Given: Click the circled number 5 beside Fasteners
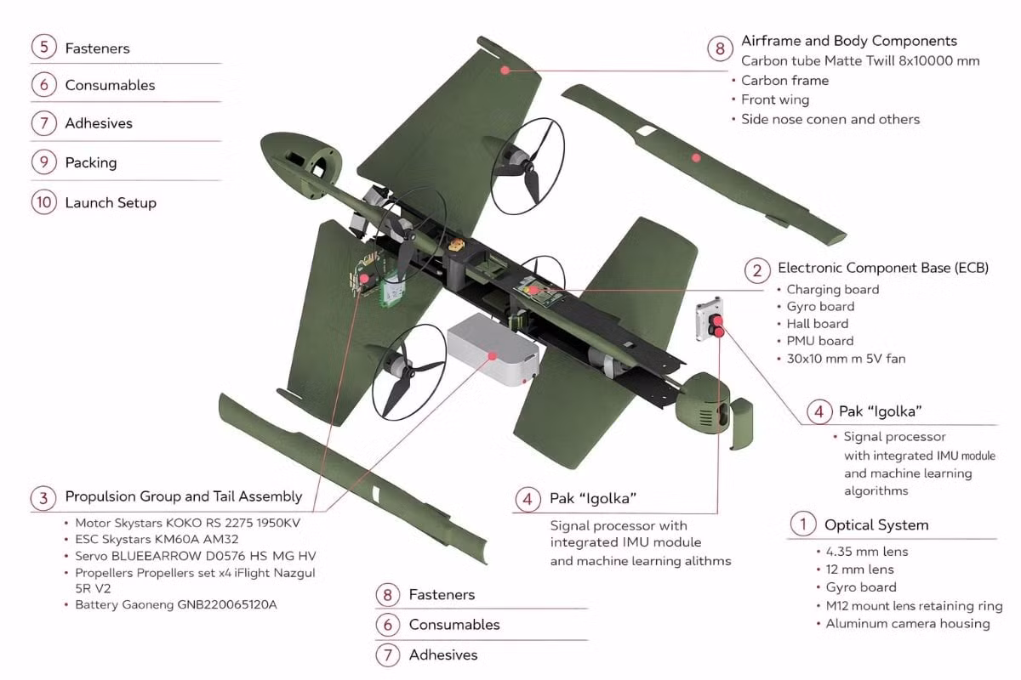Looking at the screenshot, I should pyautogui.click(x=43, y=48).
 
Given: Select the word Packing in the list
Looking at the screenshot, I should pyautogui.click(x=90, y=162).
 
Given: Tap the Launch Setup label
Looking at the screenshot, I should pyautogui.click(x=110, y=202).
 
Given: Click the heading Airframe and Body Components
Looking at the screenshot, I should pyautogui.click(x=848, y=41).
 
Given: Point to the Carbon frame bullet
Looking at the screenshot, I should pyautogui.click(x=784, y=81).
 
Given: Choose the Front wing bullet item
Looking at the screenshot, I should pyautogui.click(x=774, y=99).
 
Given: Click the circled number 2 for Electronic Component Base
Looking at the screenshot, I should pyautogui.click(x=756, y=270).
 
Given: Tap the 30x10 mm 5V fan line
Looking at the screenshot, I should pyautogui.click(x=845, y=359).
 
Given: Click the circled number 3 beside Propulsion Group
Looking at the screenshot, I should pyautogui.click(x=43, y=497).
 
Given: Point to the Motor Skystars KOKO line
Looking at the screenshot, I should pyautogui.click(x=187, y=523).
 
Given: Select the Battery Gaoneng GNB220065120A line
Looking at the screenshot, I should pyautogui.click(x=175, y=604).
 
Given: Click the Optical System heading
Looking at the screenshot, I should pyautogui.click(x=876, y=524).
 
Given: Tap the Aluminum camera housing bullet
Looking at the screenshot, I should pyautogui.click(x=907, y=624).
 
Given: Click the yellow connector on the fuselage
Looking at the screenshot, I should pyautogui.click(x=459, y=246).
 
